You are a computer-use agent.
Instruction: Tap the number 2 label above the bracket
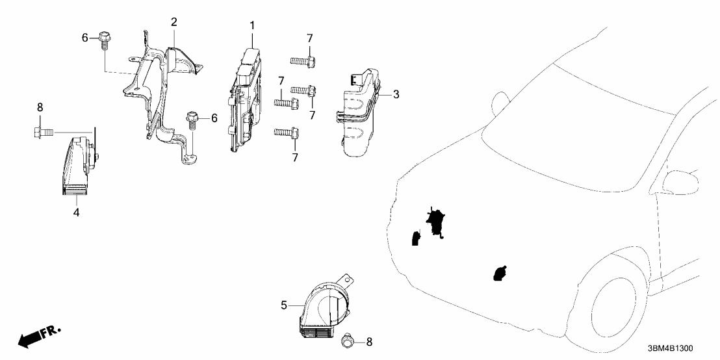point(174,22)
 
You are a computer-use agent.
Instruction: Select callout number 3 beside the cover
point(396,95)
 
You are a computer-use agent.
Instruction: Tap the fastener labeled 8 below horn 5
point(348,340)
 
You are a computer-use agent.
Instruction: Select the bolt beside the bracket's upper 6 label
point(103,40)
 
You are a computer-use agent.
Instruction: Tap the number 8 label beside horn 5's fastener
point(370,341)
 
